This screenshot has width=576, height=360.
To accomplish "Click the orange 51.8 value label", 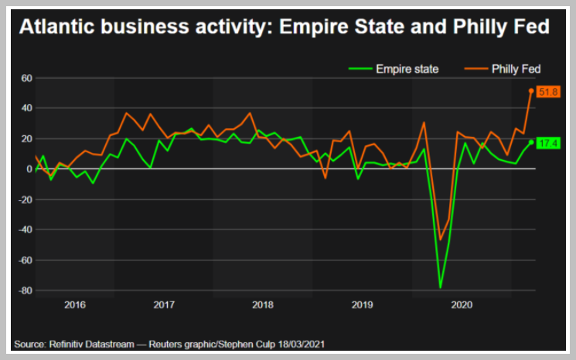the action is point(548,92).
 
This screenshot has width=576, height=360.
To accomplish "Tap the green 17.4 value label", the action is point(548,143).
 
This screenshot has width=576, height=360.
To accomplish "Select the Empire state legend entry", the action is point(394,69).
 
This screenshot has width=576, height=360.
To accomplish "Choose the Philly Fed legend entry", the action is point(502,69).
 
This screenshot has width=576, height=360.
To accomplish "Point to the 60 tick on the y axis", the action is point(27,78).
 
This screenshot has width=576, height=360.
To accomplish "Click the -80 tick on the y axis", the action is point(26,290).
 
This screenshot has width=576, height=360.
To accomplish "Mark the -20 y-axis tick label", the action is point(26,199).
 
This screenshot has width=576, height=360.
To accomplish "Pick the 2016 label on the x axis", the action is point(75,305).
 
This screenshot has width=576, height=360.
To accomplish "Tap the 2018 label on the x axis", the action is point(263,305).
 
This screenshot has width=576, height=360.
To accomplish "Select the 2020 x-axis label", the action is point(462,305).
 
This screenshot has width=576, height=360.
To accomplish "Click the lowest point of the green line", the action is point(441,287).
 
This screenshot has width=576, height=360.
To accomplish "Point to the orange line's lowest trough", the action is point(441,240).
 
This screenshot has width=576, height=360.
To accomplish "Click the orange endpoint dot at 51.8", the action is point(531,90).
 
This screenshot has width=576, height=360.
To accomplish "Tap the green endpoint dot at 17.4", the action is point(531,142).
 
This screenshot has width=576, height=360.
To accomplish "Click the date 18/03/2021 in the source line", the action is point(302,345).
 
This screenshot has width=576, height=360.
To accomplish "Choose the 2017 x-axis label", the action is point(164,305).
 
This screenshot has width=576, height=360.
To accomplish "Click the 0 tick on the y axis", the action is point(29,169).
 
